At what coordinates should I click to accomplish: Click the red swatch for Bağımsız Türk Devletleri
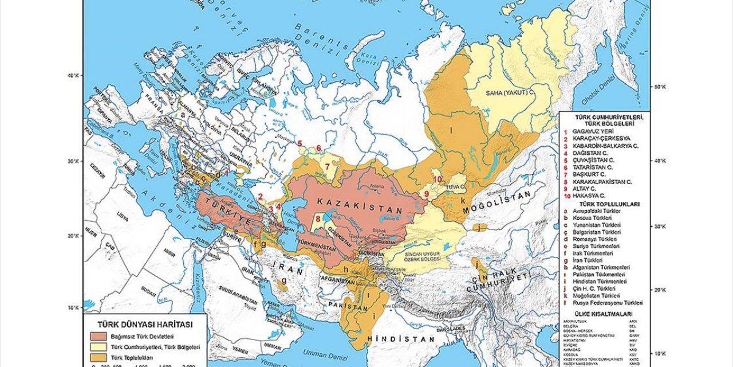(x=100, y=336)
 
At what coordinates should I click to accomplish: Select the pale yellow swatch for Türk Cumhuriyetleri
(x=100, y=348)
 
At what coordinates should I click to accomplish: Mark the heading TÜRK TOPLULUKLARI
(x=609, y=204)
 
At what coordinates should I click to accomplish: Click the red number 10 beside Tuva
(x=437, y=179)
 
